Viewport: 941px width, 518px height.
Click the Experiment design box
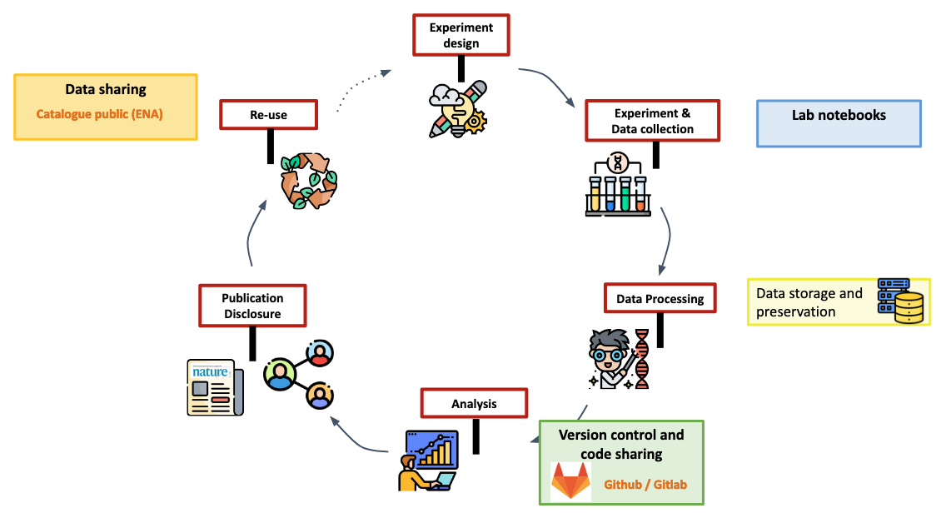coord(461,35)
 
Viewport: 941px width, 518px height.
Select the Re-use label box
coord(268,115)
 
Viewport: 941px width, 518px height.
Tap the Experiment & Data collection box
coord(652,121)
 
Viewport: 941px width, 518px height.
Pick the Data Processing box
coord(660,298)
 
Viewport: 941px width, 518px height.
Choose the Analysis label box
coord(474,403)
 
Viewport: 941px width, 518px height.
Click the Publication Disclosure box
coord(252,306)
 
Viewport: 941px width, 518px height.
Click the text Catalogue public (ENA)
coord(99,113)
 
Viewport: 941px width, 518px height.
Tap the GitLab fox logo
coord(570,481)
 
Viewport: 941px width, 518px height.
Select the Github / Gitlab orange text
coord(645,484)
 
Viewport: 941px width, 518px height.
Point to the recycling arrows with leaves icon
coord(308,180)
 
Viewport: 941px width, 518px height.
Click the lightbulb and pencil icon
coord(457,108)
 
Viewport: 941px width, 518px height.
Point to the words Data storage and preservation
coord(809,302)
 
